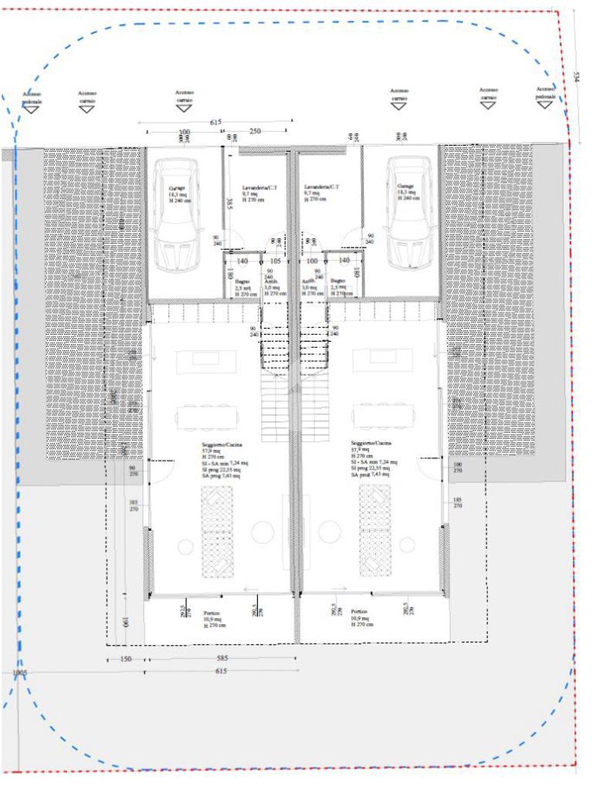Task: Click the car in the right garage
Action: click(x=408, y=213)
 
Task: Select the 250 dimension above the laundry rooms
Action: click(x=256, y=132)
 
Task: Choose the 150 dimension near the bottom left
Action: click(x=126, y=659)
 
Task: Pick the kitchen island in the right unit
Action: click(x=381, y=358)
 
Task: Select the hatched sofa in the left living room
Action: click(x=216, y=532)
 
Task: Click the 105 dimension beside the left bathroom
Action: click(x=275, y=262)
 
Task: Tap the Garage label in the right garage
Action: click(x=406, y=186)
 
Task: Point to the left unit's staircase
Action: click(x=275, y=393)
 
